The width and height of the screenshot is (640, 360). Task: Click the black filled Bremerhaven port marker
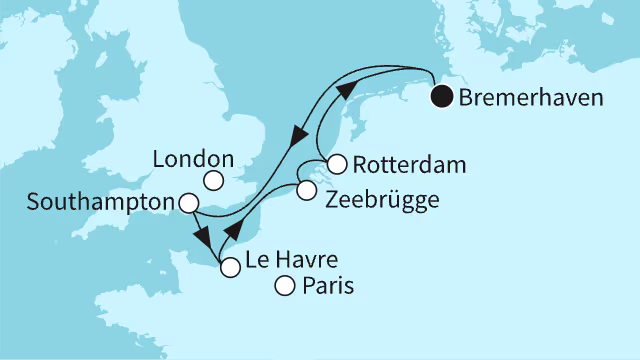tap(441, 98)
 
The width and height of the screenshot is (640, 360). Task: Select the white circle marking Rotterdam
tap(337, 163)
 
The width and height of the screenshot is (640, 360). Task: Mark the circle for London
tap(213, 181)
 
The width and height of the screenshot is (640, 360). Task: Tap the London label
tap(195, 158)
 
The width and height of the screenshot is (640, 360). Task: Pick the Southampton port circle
tap(187, 203)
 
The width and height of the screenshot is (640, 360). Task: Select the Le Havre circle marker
tap(230, 267)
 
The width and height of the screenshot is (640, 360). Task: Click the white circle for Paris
tap(284, 287)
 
